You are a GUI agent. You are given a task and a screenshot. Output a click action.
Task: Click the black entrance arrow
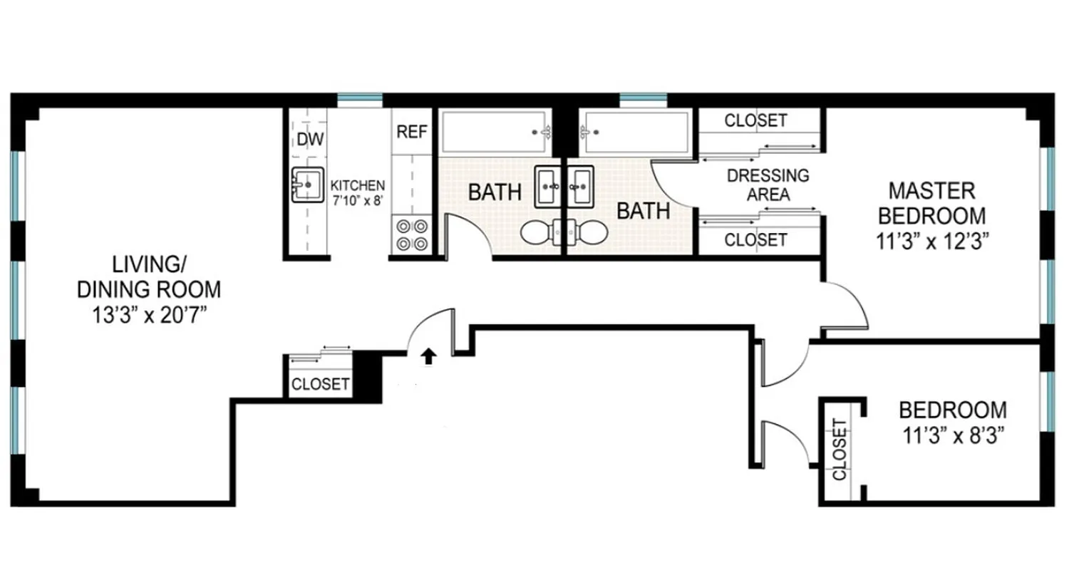428,356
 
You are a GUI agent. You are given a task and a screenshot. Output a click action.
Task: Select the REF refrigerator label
412,132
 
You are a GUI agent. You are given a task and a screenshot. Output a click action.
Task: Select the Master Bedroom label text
931,203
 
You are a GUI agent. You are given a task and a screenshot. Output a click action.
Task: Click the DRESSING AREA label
768,184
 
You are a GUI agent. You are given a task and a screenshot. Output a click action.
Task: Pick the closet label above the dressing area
755,120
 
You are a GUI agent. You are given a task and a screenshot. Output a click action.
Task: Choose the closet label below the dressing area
755,240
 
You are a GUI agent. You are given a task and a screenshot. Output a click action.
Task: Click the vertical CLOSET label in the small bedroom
839,450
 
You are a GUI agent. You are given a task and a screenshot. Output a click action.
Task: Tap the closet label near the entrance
321,385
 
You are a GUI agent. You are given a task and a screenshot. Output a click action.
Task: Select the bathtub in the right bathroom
634,131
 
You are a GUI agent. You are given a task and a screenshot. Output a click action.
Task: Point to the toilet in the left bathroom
540,232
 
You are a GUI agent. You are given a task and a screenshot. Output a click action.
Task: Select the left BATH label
495,192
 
